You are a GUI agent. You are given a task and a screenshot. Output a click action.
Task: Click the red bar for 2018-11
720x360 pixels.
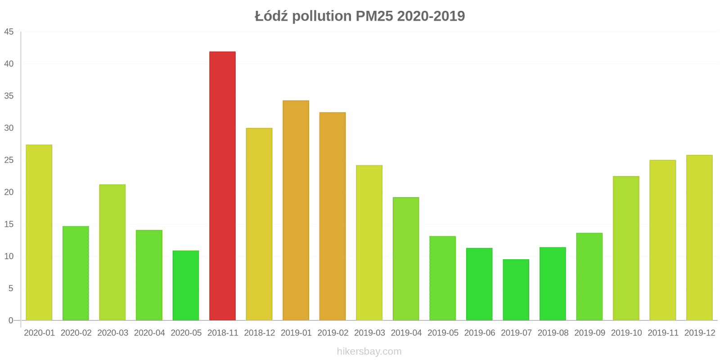[222, 186]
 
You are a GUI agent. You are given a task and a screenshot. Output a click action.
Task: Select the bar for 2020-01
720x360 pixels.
[39, 233]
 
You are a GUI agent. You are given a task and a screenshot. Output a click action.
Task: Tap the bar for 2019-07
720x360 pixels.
[516, 290]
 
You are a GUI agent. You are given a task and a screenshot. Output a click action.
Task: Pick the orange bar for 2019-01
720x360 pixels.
[296, 211]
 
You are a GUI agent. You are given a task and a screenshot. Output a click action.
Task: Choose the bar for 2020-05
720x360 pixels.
[186, 285]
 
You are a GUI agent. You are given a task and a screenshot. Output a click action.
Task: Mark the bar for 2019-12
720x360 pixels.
[699, 238]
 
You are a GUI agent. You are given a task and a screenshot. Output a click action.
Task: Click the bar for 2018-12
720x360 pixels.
[259, 224]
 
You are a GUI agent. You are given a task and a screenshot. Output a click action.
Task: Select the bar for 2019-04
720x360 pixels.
[406, 259]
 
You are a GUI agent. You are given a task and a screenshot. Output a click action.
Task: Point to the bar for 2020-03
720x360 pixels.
[112, 252]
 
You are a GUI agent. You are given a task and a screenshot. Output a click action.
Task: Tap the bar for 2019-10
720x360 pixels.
[626, 248]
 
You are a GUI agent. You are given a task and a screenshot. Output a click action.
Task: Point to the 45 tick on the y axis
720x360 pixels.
[9, 32]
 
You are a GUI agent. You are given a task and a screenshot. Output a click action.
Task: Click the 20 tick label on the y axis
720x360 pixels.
[9, 192]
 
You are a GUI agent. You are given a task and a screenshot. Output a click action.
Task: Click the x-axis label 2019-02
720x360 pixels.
[333, 333]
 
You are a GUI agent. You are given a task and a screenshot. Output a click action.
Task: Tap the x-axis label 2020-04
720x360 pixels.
[149, 333]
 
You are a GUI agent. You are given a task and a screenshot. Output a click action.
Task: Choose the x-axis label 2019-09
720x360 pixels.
[589, 333]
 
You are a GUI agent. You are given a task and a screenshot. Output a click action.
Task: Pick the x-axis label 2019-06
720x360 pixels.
[479, 333]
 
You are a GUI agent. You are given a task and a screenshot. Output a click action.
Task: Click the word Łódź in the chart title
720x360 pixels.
[271, 16]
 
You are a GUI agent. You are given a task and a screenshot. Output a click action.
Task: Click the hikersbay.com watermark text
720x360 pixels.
[369, 351]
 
